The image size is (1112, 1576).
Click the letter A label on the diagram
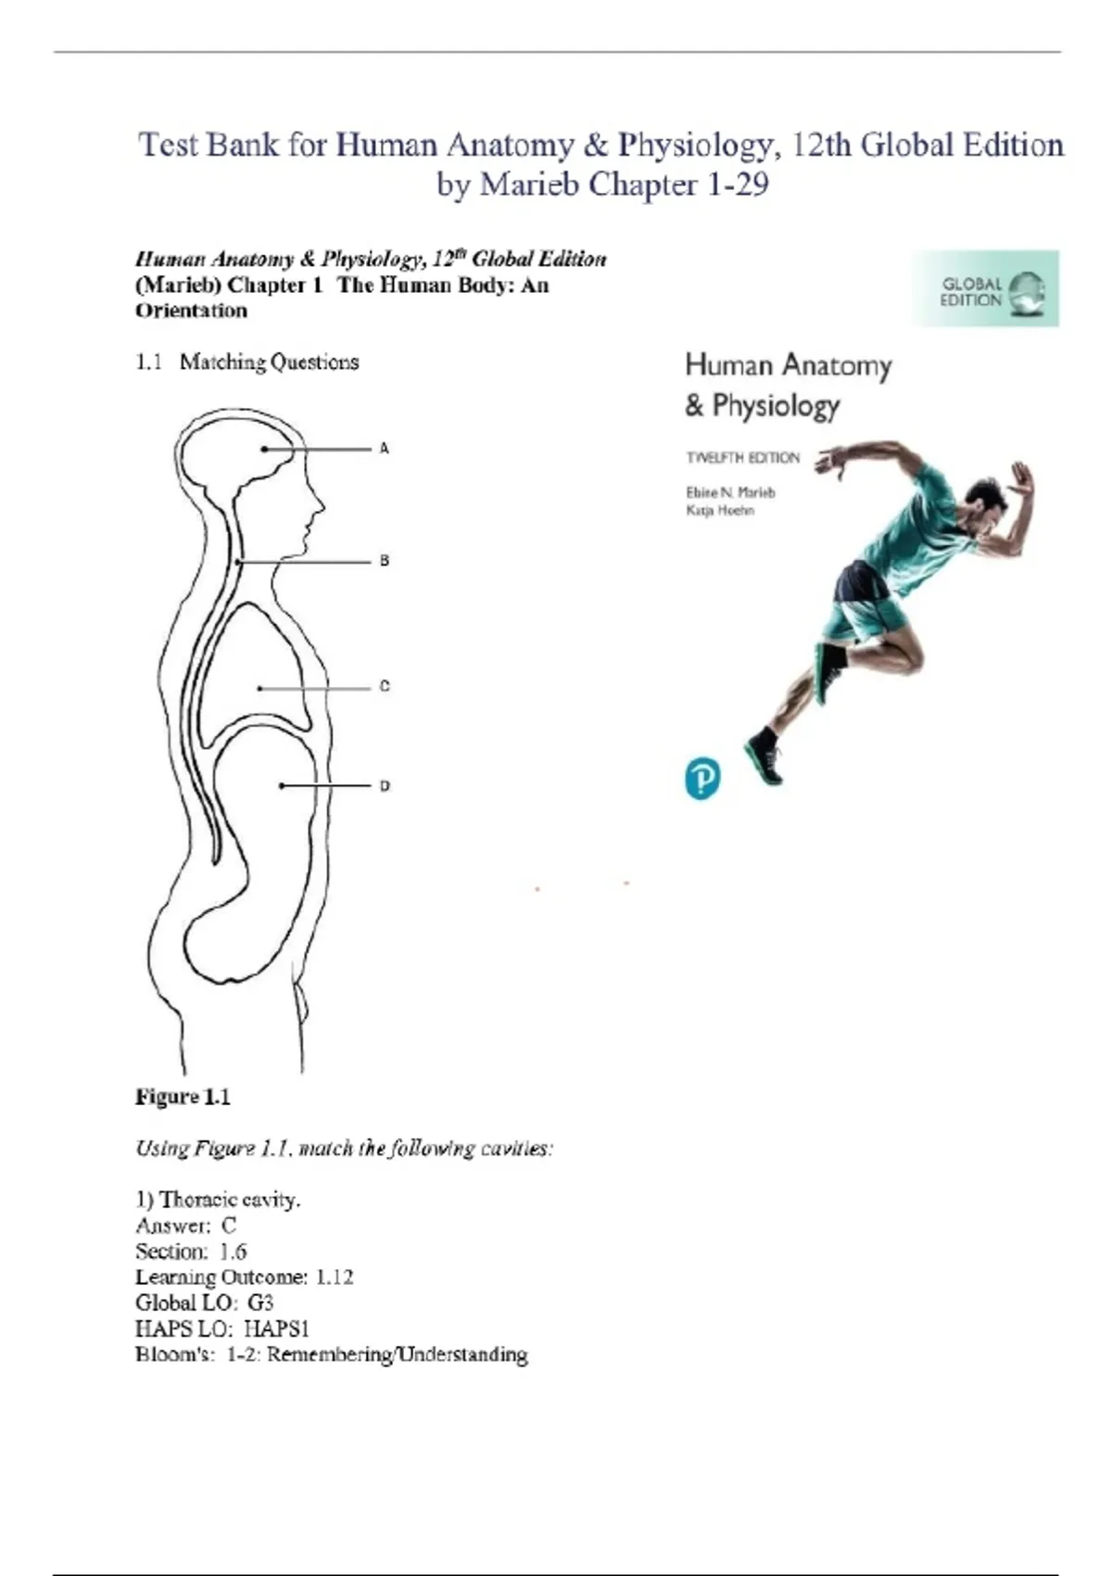click(x=385, y=449)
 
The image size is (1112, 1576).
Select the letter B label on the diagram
click(x=385, y=561)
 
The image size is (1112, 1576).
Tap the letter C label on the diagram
click(x=385, y=687)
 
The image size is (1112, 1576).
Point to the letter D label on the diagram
click(x=385, y=786)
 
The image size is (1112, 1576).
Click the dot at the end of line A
click(x=265, y=449)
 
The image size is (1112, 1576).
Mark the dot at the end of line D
click(x=283, y=786)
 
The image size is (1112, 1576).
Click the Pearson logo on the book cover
click(x=701, y=778)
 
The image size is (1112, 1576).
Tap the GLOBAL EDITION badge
click(x=985, y=289)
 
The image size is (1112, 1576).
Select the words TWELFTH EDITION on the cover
click(x=742, y=457)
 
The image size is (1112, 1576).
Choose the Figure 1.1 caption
click(x=183, y=1097)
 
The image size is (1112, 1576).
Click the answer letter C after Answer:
click(x=229, y=1226)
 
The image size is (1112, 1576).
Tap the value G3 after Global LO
click(x=260, y=1303)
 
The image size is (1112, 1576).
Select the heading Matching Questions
click(x=269, y=362)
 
